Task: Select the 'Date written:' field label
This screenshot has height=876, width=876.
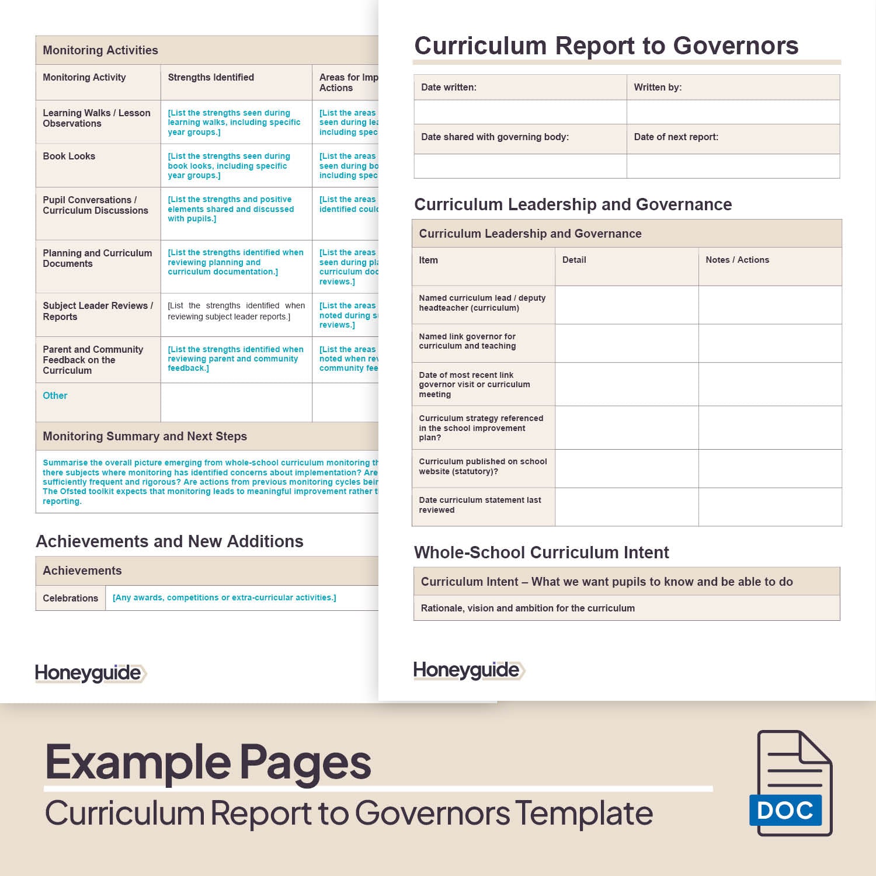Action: pos(449,88)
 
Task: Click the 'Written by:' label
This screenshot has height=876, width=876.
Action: pos(658,88)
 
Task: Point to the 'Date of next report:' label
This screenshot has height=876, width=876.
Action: pos(676,137)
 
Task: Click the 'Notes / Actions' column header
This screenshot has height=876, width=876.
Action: pos(737,260)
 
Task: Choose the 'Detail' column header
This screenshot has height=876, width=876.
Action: pos(574,260)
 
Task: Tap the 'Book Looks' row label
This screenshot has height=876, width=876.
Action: pos(69,157)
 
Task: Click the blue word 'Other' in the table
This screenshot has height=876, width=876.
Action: pos(55,396)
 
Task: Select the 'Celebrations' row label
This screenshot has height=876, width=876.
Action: pos(70,598)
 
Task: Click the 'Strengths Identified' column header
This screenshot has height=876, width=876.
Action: pos(211,78)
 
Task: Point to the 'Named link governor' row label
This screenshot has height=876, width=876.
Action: pos(467,341)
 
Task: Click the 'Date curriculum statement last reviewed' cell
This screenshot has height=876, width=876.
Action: pos(479,505)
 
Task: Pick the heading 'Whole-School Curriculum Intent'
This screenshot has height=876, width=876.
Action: pos(541,552)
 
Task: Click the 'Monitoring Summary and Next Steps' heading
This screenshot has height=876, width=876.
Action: pos(145,436)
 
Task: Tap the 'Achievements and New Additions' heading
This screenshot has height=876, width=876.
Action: pos(169,541)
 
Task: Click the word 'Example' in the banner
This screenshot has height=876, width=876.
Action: pos(138,762)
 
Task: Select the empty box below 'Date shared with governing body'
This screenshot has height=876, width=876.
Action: pos(520,166)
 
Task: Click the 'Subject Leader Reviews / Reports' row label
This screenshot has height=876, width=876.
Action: pos(98,311)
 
